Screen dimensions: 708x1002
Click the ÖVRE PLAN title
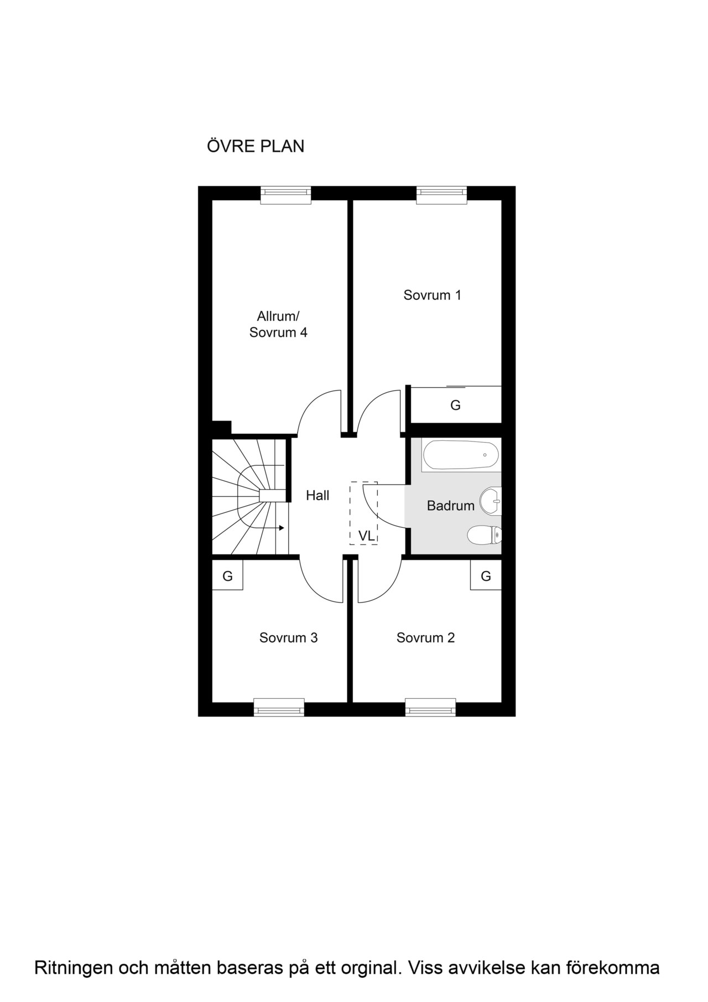256,146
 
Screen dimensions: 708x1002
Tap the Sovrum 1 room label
432,295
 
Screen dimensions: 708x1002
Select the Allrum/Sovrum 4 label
278,324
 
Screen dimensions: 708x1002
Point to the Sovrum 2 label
425,638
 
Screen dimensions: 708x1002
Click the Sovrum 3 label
288,638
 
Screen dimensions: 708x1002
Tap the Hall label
317,495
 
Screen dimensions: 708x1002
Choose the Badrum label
451,506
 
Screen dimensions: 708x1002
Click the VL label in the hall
366,536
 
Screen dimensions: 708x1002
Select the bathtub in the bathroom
461,455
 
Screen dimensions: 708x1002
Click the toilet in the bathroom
485,535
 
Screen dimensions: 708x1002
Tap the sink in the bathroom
490,501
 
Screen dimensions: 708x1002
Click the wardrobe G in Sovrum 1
455,405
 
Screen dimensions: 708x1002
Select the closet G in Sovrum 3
227,576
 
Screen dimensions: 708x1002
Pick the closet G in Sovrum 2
486,576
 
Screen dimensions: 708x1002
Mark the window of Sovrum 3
279,707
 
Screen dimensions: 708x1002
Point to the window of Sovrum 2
430,707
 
